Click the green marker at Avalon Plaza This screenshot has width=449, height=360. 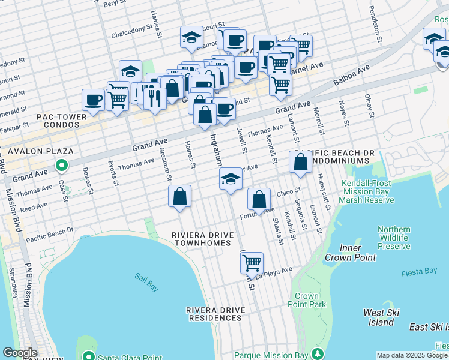tap(61, 164)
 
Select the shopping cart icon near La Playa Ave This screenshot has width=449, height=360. tap(252, 262)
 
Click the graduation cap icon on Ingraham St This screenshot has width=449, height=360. tap(231, 179)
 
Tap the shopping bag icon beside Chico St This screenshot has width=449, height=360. tap(259, 199)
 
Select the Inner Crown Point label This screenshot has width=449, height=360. tap(350, 253)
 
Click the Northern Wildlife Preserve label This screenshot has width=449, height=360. tap(394, 238)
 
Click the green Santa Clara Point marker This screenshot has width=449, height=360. tap(88, 356)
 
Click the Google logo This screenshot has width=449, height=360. tap(20, 353)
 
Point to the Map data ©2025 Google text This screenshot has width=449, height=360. tap(412, 355)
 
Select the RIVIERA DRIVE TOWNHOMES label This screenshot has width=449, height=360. tap(201, 239)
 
